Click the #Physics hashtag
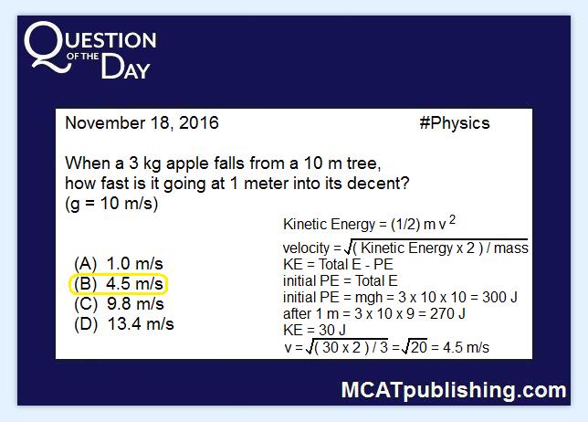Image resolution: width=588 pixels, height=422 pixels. coord(455,123)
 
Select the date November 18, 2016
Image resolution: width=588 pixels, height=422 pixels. coord(142,123)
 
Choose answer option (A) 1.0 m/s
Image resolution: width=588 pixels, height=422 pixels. coord(119,264)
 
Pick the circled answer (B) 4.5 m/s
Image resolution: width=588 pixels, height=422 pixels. coord(119,283)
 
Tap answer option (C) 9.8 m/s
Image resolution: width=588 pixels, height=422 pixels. coord(119,304)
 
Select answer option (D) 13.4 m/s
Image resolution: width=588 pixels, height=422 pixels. coord(124,324)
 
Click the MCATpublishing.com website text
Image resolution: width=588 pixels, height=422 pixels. coord(454,391)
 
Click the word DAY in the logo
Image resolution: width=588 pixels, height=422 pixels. coord(126,67)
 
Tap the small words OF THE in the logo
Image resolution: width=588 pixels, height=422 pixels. coord(83,57)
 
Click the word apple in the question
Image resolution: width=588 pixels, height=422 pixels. coord(187,164)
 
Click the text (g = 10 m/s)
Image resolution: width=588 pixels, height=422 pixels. coord(111,204)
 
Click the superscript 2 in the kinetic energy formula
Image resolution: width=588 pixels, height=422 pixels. coord(452,219)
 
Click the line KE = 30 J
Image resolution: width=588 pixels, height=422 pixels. coord(314,330)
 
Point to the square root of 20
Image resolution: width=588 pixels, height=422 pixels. coord(414,346)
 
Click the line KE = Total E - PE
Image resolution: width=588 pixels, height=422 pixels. coord(338,265)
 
